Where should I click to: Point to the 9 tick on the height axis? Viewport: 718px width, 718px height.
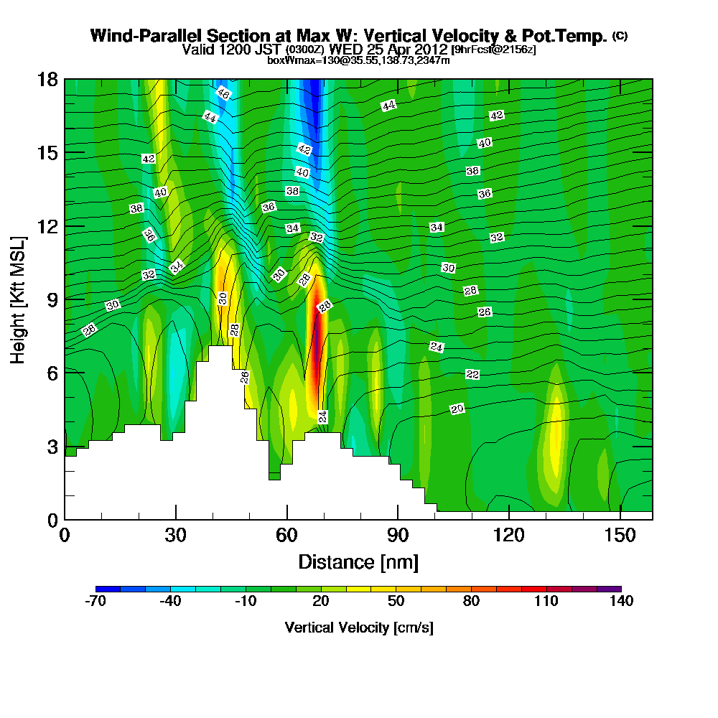(x=50, y=299)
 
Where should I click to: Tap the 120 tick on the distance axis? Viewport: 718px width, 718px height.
(x=508, y=536)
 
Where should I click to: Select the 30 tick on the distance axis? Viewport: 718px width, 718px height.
(x=175, y=536)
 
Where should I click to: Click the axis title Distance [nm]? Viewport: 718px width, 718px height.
(x=358, y=561)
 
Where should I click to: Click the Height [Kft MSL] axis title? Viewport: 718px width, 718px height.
(x=19, y=299)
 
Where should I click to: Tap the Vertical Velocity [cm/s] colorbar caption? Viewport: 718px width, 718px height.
(x=358, y=628)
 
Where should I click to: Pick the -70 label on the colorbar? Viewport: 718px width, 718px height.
(x=95, y=602)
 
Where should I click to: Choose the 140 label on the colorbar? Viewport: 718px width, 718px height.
(x=621, y=602)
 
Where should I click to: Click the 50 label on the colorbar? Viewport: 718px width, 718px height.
(x=396, y=602)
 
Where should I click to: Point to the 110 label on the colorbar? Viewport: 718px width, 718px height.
(x=546, y=602)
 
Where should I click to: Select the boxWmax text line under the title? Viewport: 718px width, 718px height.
(x=358, y=60)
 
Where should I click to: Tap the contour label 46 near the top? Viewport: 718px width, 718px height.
(x=223, y=94)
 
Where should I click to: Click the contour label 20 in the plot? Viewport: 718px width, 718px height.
(x=457, y=409)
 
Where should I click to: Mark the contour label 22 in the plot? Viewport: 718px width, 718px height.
(x=472, y=374)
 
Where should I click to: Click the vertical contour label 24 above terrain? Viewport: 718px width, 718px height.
(x=323, y=416)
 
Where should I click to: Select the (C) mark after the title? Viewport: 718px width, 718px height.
(x=620, y=36)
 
